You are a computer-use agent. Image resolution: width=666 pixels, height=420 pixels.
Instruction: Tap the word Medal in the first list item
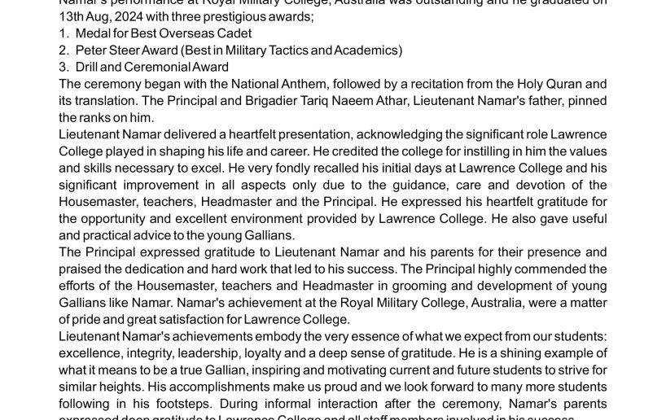click(x=93, y=33)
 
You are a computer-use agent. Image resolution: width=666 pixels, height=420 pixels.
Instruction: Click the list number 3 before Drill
click(x=64, y=68)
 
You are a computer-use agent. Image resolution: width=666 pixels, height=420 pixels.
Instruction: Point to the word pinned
click(x=585, y=101)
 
